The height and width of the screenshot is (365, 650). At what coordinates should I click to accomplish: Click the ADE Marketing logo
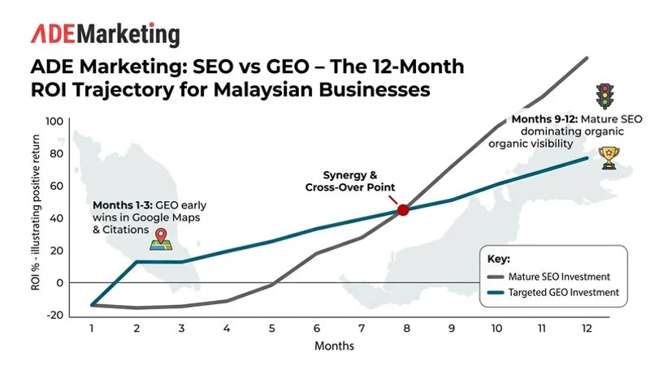point(106,34)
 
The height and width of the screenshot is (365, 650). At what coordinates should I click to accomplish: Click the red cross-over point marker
point(402,210)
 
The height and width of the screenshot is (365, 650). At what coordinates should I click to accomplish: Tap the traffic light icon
point(603,97)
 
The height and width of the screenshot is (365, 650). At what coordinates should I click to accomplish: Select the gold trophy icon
point(607,157)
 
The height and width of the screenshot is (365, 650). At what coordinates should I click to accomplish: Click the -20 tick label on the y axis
point(55,316)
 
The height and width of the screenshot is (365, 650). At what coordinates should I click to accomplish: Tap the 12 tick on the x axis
point(587,329)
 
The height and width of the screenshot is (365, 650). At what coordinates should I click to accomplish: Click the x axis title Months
point(335,346)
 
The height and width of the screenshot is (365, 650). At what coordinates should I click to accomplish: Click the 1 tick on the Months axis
point(91,329)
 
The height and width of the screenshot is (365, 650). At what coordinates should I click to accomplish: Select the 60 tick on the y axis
point(56,186)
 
